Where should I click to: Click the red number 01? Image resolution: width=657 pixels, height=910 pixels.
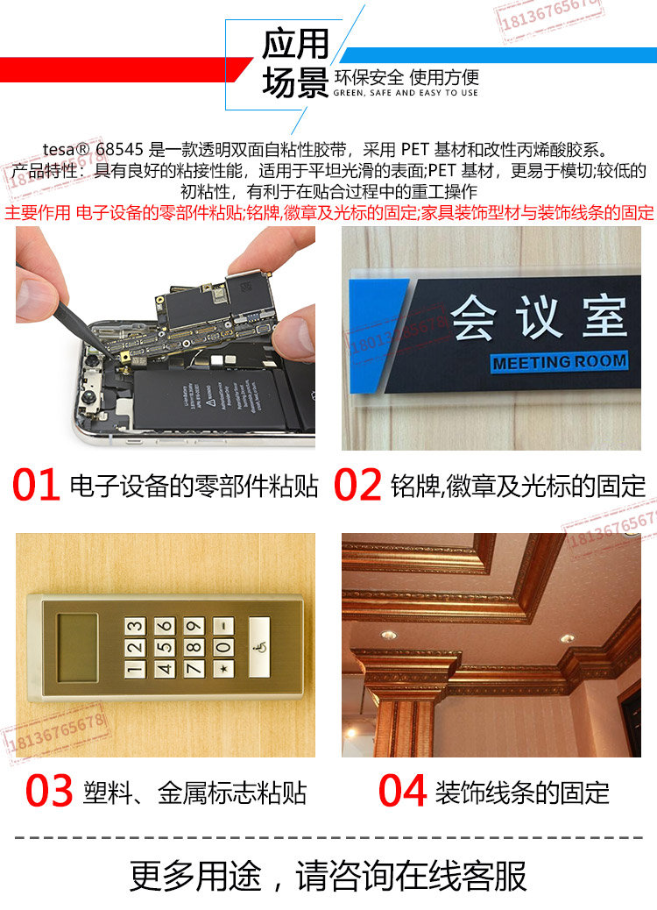coord(36,484)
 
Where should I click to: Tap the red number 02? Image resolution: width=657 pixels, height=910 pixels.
coord(357,484)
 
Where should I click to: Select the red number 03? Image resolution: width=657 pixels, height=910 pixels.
coord(49,790)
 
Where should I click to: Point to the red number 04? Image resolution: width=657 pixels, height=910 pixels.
coord(402,790)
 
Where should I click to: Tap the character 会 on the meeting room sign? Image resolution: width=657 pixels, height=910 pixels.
coord(474,316)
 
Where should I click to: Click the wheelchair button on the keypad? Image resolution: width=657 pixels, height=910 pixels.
coord(259,647)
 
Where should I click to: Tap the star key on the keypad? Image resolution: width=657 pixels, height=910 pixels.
coord(224,669)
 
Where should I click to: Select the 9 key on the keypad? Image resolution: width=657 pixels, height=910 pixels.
coord(194,626)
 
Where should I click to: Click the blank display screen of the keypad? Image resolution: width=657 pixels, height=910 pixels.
coord(78,648)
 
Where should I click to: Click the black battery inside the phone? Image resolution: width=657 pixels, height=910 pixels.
coord(212,401)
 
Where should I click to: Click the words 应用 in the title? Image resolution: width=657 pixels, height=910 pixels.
coord(295,44)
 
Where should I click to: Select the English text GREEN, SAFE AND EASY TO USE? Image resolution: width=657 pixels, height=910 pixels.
coord(406,93)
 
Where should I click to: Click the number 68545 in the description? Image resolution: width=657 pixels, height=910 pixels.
coord(119,149)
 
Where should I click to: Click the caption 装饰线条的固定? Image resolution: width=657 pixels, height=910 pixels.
coord(522,793)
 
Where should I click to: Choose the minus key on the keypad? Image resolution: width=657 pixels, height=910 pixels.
coord(224,626)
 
